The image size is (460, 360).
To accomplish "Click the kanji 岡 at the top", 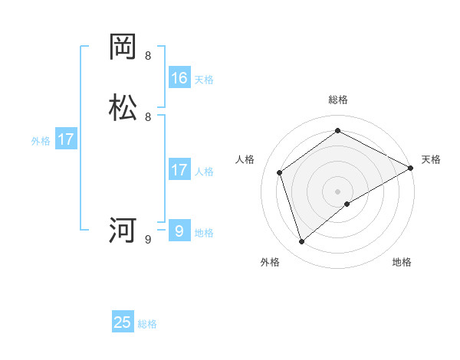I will (x=123, y=47).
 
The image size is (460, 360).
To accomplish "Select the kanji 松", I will (x=123, y=108).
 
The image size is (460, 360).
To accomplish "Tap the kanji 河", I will (x=123, y=230).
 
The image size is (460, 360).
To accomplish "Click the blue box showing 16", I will (x=179, y=77).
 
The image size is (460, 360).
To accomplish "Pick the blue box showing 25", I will (x=123, y=322).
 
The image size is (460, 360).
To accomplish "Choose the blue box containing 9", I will (x=179, y=231).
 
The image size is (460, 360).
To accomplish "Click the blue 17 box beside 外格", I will (x=66, y=139).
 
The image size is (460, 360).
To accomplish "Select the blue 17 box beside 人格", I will (x=179, y=170).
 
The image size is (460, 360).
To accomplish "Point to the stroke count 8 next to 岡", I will (x=148, y=56).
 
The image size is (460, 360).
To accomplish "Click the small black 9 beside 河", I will (x=148, y=240).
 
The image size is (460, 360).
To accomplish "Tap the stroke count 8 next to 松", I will (x=148, y=117).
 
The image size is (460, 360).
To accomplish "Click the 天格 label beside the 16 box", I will (x=204, y=79).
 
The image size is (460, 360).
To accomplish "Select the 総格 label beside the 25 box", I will (x=147, y=324).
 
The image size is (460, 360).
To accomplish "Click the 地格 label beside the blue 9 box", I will (x=204, y=232).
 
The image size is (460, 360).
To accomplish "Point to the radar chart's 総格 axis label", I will (x=338, y=100).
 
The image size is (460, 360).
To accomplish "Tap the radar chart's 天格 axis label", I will (x=431, y=159).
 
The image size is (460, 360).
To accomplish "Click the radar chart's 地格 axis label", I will (x=402, y=262).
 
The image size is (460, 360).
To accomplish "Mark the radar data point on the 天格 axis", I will (x=411, y=168).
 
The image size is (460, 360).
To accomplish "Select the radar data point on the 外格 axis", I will (x=302, y=242).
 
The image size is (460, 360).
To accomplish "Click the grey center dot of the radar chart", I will (x=338, y=191).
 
